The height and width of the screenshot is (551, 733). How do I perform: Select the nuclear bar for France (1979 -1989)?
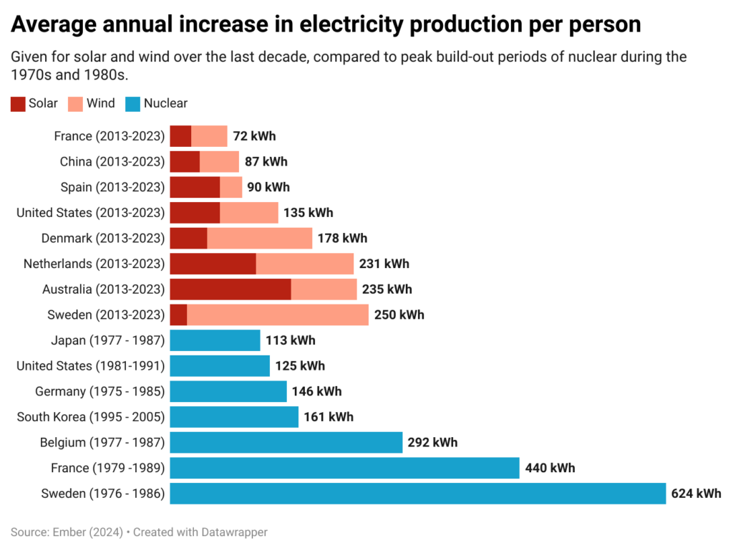point(344,469)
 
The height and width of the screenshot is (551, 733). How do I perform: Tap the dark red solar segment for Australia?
point(230,289)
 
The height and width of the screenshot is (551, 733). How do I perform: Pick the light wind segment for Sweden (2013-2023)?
point(278,315)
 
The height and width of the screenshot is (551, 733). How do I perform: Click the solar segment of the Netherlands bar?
point(213,264)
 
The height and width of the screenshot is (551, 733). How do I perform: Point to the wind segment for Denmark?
point(259,238)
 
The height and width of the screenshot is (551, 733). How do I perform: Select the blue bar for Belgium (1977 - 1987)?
point(286,443)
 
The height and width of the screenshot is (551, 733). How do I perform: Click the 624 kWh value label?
point(696,494)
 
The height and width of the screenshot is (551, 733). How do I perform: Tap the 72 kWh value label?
point(254,136)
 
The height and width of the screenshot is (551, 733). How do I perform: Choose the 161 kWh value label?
point(329,417)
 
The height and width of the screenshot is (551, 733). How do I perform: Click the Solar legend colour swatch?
point(18,104)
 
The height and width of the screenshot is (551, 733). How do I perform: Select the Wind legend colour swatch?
point(75,104)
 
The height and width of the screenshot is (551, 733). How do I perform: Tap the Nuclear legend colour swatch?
point(132,104)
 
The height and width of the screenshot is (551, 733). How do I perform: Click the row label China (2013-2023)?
point(112,162)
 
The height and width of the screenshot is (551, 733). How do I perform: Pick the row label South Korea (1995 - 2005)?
point(91,417)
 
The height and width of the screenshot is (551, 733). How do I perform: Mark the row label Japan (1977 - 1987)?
point(108,340)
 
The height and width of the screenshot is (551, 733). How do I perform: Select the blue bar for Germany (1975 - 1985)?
point(228,391)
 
